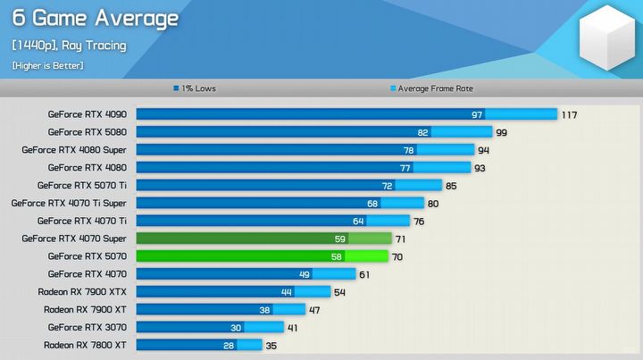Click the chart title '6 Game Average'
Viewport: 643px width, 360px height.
(x=96, y=19)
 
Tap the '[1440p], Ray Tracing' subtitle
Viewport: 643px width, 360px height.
(x=69, y=46)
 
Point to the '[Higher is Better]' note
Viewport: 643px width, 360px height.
(x=47, y=65)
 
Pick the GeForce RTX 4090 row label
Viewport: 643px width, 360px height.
(x=88, y=114)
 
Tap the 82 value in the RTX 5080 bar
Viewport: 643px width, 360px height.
(x=423, y=132)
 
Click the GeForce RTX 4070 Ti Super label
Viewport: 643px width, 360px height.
(x=69, y=203)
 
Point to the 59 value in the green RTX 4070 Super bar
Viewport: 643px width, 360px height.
(x=339, y=239)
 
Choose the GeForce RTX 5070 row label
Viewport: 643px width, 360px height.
(x=88, y=256)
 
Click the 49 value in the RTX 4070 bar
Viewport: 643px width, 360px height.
(x=304, y=274)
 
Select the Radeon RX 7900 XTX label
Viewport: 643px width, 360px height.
(x=82, y=291)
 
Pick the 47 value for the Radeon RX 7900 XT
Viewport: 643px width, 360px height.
(x=314, y=309)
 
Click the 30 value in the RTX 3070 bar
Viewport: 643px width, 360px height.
(x=236, y=327)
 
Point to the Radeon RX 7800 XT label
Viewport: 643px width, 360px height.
(x=85, y=345)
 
